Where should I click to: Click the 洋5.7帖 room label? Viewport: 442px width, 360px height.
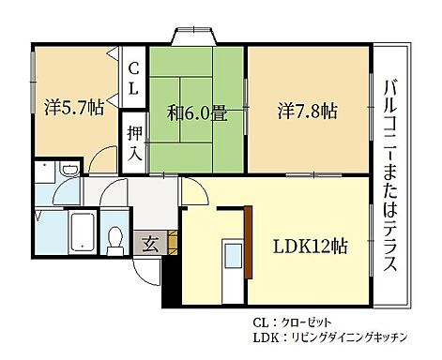[x=73, y=107]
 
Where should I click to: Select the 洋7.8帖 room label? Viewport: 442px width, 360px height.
[x=308, y=110]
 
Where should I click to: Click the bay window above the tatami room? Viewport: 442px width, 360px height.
[x=195, y=36]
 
